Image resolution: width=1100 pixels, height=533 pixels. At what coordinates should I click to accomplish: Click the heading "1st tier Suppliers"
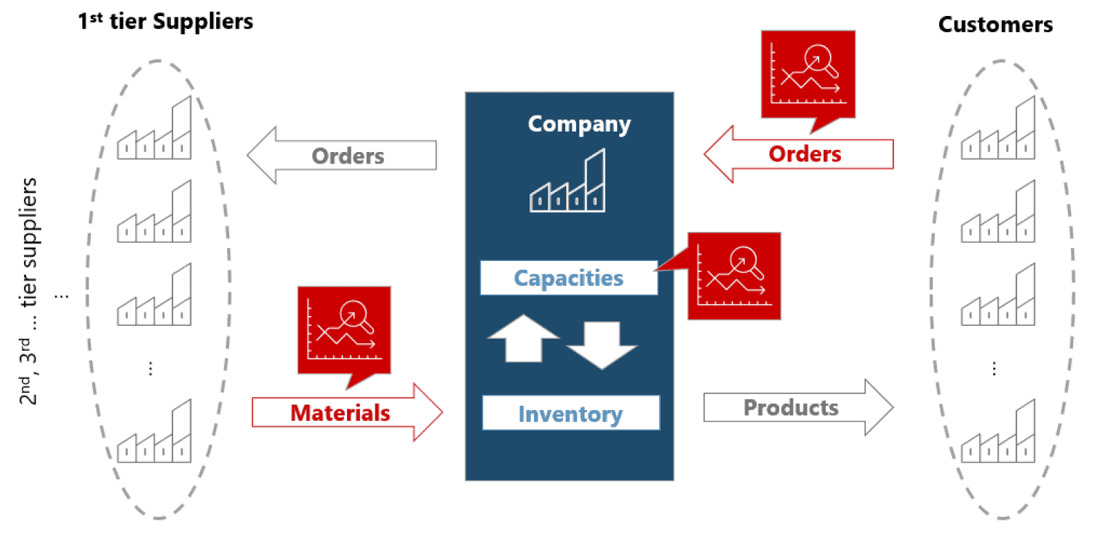coord(166,22)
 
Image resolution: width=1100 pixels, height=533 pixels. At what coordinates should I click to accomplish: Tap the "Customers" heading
coord(995,25)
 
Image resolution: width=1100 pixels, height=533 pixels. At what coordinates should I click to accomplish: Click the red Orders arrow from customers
coord(800,153)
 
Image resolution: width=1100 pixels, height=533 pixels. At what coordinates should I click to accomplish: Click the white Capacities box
coord(568,278)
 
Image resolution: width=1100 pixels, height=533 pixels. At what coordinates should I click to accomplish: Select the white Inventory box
coord(570,414)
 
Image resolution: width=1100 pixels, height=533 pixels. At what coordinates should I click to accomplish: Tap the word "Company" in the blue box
coord(579,124)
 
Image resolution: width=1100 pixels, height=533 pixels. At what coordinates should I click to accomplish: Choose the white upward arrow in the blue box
coord(522,338)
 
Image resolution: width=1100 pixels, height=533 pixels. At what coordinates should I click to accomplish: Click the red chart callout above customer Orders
coord(808,74)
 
